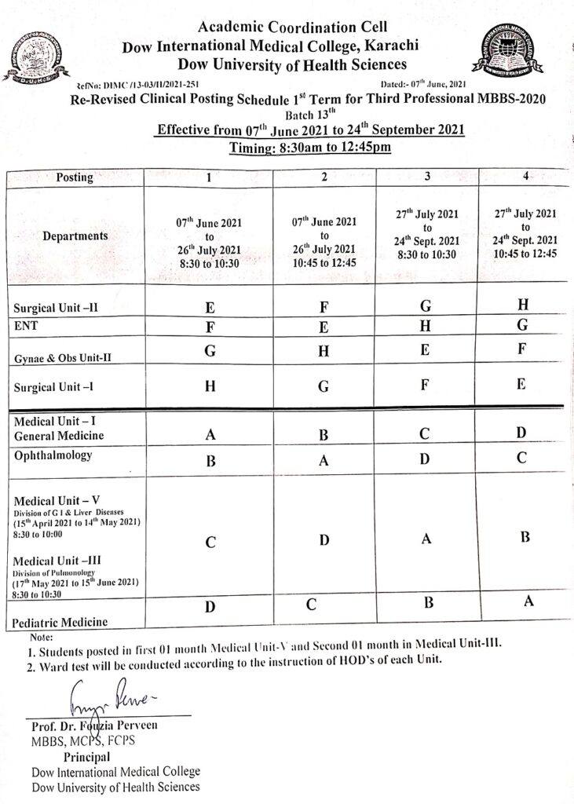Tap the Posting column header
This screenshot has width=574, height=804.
(75, 177)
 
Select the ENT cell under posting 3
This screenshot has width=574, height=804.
(425, 325)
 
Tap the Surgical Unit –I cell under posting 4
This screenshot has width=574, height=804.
(523, 386)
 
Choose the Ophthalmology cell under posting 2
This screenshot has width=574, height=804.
(324, 461)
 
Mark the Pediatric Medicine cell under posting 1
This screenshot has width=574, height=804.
(210, 607)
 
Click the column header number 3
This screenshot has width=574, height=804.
(426, 177)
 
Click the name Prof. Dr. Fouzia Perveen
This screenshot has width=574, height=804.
(94, 725)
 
